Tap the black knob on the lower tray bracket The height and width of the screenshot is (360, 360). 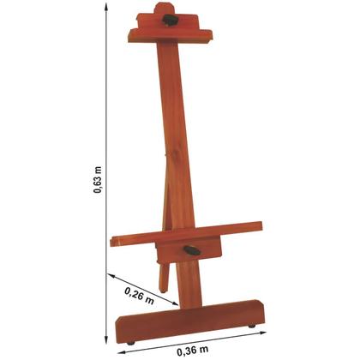pyautogui.click(x=192, y=250)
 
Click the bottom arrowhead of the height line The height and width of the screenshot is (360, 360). pyautogui.click(x=108, y=341)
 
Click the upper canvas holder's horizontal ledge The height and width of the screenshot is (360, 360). pyautogui.click(x=168, y=35)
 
